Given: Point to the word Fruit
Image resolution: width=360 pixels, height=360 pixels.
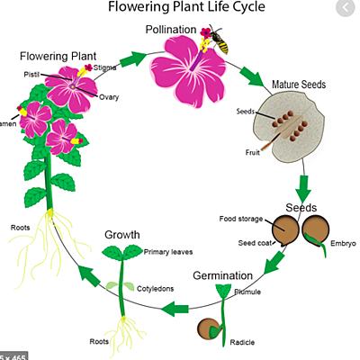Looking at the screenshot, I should (x=253, y=152).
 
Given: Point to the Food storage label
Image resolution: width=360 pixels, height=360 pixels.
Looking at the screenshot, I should (x=243, y=219).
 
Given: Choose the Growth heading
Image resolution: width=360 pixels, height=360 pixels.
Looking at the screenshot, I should (x=121, y=235).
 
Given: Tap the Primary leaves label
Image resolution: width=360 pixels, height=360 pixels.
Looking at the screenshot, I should (x=170, y=253).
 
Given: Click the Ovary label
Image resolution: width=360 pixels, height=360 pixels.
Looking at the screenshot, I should (x=110, y=96).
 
